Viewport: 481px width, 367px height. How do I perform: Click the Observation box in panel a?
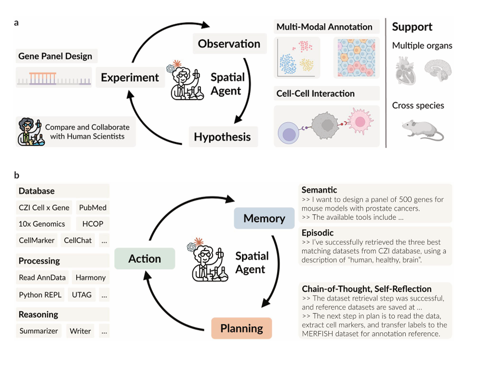tap(229, 44)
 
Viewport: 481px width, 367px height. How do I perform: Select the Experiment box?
tap(130, 77)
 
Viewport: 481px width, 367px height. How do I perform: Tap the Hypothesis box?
tap(222, 136)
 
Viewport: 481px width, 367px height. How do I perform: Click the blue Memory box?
tap(264, 218)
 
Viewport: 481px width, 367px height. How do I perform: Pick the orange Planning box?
tap(241, 328)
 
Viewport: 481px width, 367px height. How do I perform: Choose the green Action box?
tap(145, 258)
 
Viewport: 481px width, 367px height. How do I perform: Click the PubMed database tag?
tap(93, 208)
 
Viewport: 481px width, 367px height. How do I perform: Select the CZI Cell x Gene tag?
tap(44, 208)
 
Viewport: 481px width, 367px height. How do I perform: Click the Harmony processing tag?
tap(90, 277)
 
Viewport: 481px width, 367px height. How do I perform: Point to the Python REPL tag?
tap(40, 294)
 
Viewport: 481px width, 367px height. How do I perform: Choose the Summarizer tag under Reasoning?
tap(39, 331)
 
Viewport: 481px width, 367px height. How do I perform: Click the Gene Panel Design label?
tap(55, 56)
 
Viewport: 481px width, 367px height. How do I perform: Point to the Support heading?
tap(412, 27)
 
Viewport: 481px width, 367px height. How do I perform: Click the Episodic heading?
tap(318, 233)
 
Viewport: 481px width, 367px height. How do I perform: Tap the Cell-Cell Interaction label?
tap(315, 94)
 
